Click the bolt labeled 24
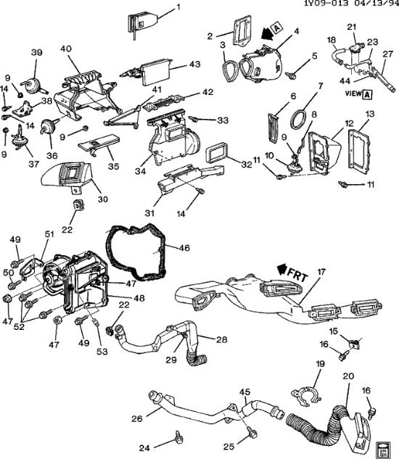point(176,437)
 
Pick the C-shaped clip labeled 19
point(308,397)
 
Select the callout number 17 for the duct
point(321,273)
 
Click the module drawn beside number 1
point(141,20)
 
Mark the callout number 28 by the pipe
point(221,340)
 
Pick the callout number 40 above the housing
point(65,49)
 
